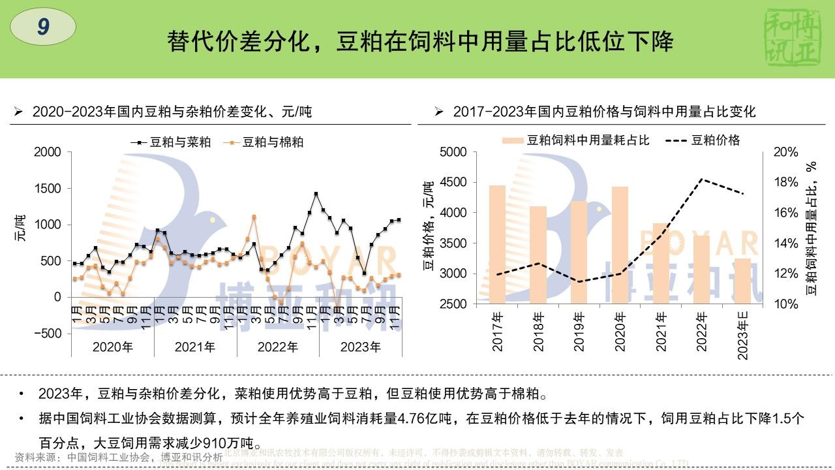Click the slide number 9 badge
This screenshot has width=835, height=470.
44,27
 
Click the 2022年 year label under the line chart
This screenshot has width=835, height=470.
278,347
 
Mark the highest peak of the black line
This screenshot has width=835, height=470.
316,194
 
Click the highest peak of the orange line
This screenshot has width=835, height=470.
254,217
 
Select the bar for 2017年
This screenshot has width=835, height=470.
497,245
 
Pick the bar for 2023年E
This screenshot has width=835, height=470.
743,281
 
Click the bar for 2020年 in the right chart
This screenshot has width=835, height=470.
620,245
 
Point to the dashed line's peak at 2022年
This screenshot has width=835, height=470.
702,179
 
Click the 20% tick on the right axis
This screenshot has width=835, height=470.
785,152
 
